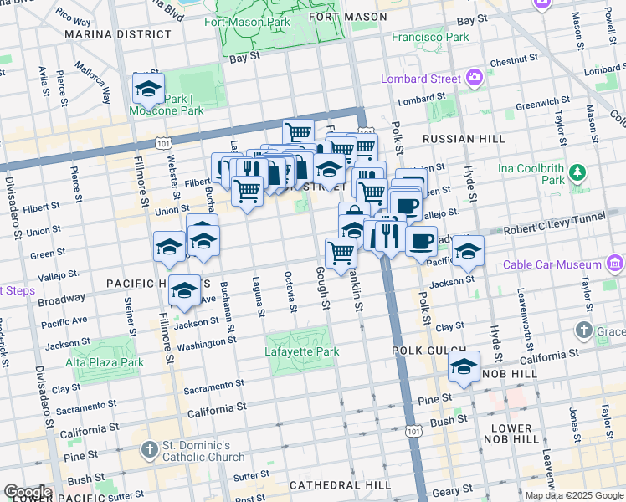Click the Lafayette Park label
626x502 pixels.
(x=302, y=351)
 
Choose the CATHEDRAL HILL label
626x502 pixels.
(x=339, y=485)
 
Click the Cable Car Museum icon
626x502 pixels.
(x=614, y=265)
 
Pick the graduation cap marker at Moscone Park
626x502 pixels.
(x=148, y=88)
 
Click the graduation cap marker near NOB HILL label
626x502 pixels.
(x=463, y=366)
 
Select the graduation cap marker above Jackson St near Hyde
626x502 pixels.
(x=469, y=250)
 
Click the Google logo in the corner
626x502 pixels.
(x=27, y=492)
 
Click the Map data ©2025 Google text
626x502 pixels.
(x=574, y=495)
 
